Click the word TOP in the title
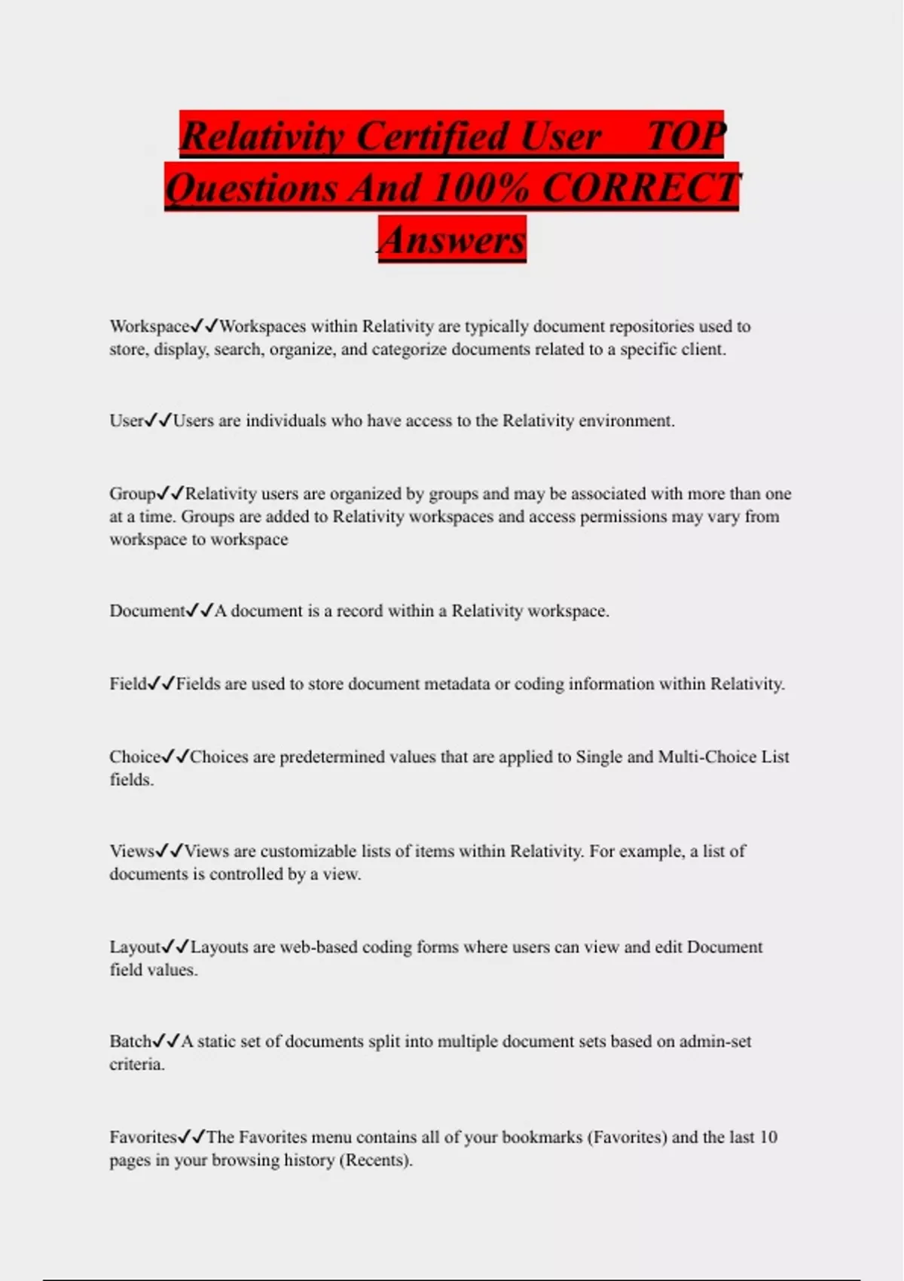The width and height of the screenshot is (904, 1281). pyautogui.click(x=686, y=136)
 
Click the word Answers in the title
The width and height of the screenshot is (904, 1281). pyautogui.click(x=452, y=240)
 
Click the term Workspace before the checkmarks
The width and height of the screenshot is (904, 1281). pyautogui.click(x=149, y=326)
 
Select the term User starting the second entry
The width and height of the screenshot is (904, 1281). pyautogui.click(x=126, y=420)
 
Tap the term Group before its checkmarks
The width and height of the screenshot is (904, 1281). pyautogui.click(x=132, y=494)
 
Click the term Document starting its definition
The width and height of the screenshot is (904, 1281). pyautogui.click(x=147, y=610)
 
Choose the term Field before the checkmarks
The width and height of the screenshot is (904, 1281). pyautogui.click(x=128, y=683)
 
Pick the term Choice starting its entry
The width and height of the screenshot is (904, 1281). pyautogui.click(x=135, y=757)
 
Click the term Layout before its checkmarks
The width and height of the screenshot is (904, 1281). pyautogui.click(x=136, y=946)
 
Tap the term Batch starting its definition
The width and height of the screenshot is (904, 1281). pyautogui.click(x=130, y=1041)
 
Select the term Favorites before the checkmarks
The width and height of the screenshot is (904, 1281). pyautogui.click(x=143, y=1137)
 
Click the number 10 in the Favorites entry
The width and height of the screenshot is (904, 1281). pyautogui.click(x=768, y=1137)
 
